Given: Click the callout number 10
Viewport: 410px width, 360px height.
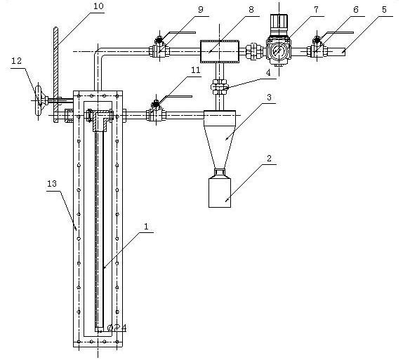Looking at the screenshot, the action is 98,6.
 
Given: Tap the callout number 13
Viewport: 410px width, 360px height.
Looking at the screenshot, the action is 52,184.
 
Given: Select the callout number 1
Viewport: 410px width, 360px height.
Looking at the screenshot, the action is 146,227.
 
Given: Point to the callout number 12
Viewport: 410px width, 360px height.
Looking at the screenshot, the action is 16,61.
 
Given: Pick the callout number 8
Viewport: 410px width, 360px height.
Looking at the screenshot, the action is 251,10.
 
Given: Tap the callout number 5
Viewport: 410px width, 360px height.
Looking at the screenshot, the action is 384,10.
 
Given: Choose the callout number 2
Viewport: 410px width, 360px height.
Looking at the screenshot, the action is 269,159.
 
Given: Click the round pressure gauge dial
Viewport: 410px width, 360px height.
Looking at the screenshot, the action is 278,52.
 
